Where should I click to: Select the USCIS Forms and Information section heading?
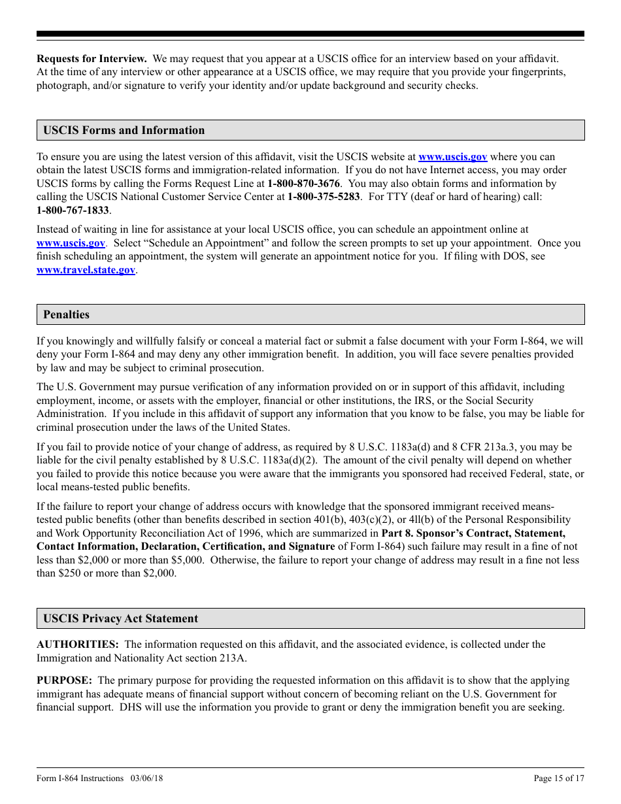[124, 130]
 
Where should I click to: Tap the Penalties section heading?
[66, 314]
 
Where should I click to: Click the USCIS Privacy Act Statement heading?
[120, 618]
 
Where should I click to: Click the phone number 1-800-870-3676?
[303, 184]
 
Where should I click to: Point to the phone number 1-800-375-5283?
[324, 197]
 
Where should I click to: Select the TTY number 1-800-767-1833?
[73, 210]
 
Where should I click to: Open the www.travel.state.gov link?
[86, 270]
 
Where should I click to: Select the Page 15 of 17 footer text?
[559, 778]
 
